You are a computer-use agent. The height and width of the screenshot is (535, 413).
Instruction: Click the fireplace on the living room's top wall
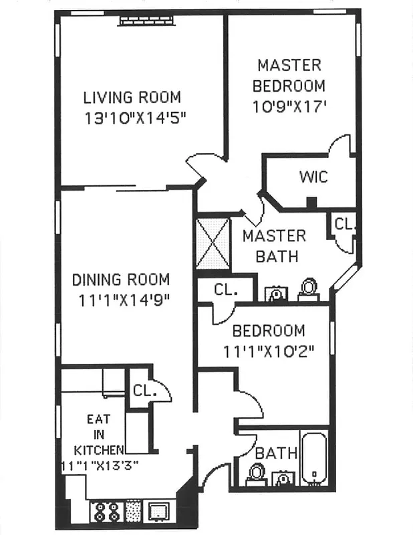tap(146, 21)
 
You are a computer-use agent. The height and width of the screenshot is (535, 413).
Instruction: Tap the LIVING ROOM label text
tap(132, 98)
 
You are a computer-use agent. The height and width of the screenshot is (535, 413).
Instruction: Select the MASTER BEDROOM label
tap(289, 76)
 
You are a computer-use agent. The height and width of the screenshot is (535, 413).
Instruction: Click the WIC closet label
tap(313, 177)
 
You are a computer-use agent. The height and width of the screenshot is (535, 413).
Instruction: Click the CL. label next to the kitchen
tap(144, 390)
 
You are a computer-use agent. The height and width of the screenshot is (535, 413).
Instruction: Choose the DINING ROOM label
tap(120, 280)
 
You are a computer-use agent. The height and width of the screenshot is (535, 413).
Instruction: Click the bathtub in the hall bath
tap(313, 459)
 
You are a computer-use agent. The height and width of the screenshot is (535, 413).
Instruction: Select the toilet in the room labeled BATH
tap(256, 474)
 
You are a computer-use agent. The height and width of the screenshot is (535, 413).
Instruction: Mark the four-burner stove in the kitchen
tap(106, 512)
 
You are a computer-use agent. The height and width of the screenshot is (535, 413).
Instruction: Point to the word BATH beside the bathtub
tap(275, 453)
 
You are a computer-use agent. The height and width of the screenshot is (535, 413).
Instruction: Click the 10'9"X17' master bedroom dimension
tap(290, 106)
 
